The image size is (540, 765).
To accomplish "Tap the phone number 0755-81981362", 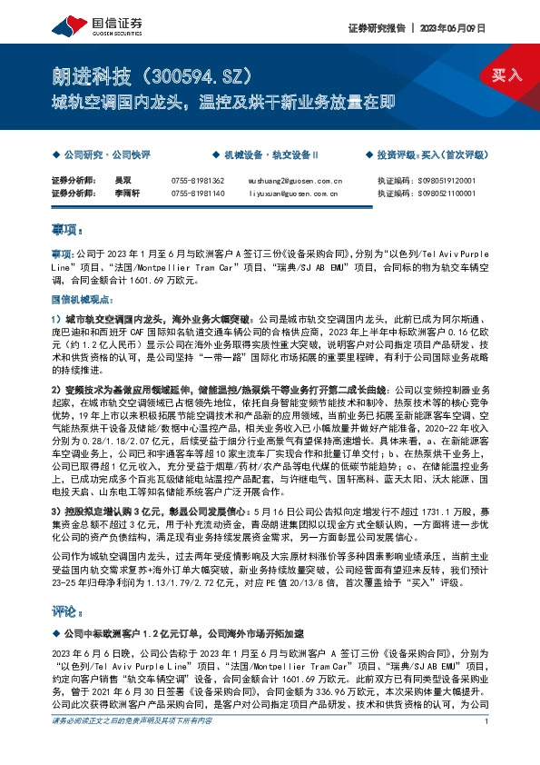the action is pyautogui.click(x=197, y=181).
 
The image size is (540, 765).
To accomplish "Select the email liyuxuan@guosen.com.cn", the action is pyautogui.click(x=293, y=193).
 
